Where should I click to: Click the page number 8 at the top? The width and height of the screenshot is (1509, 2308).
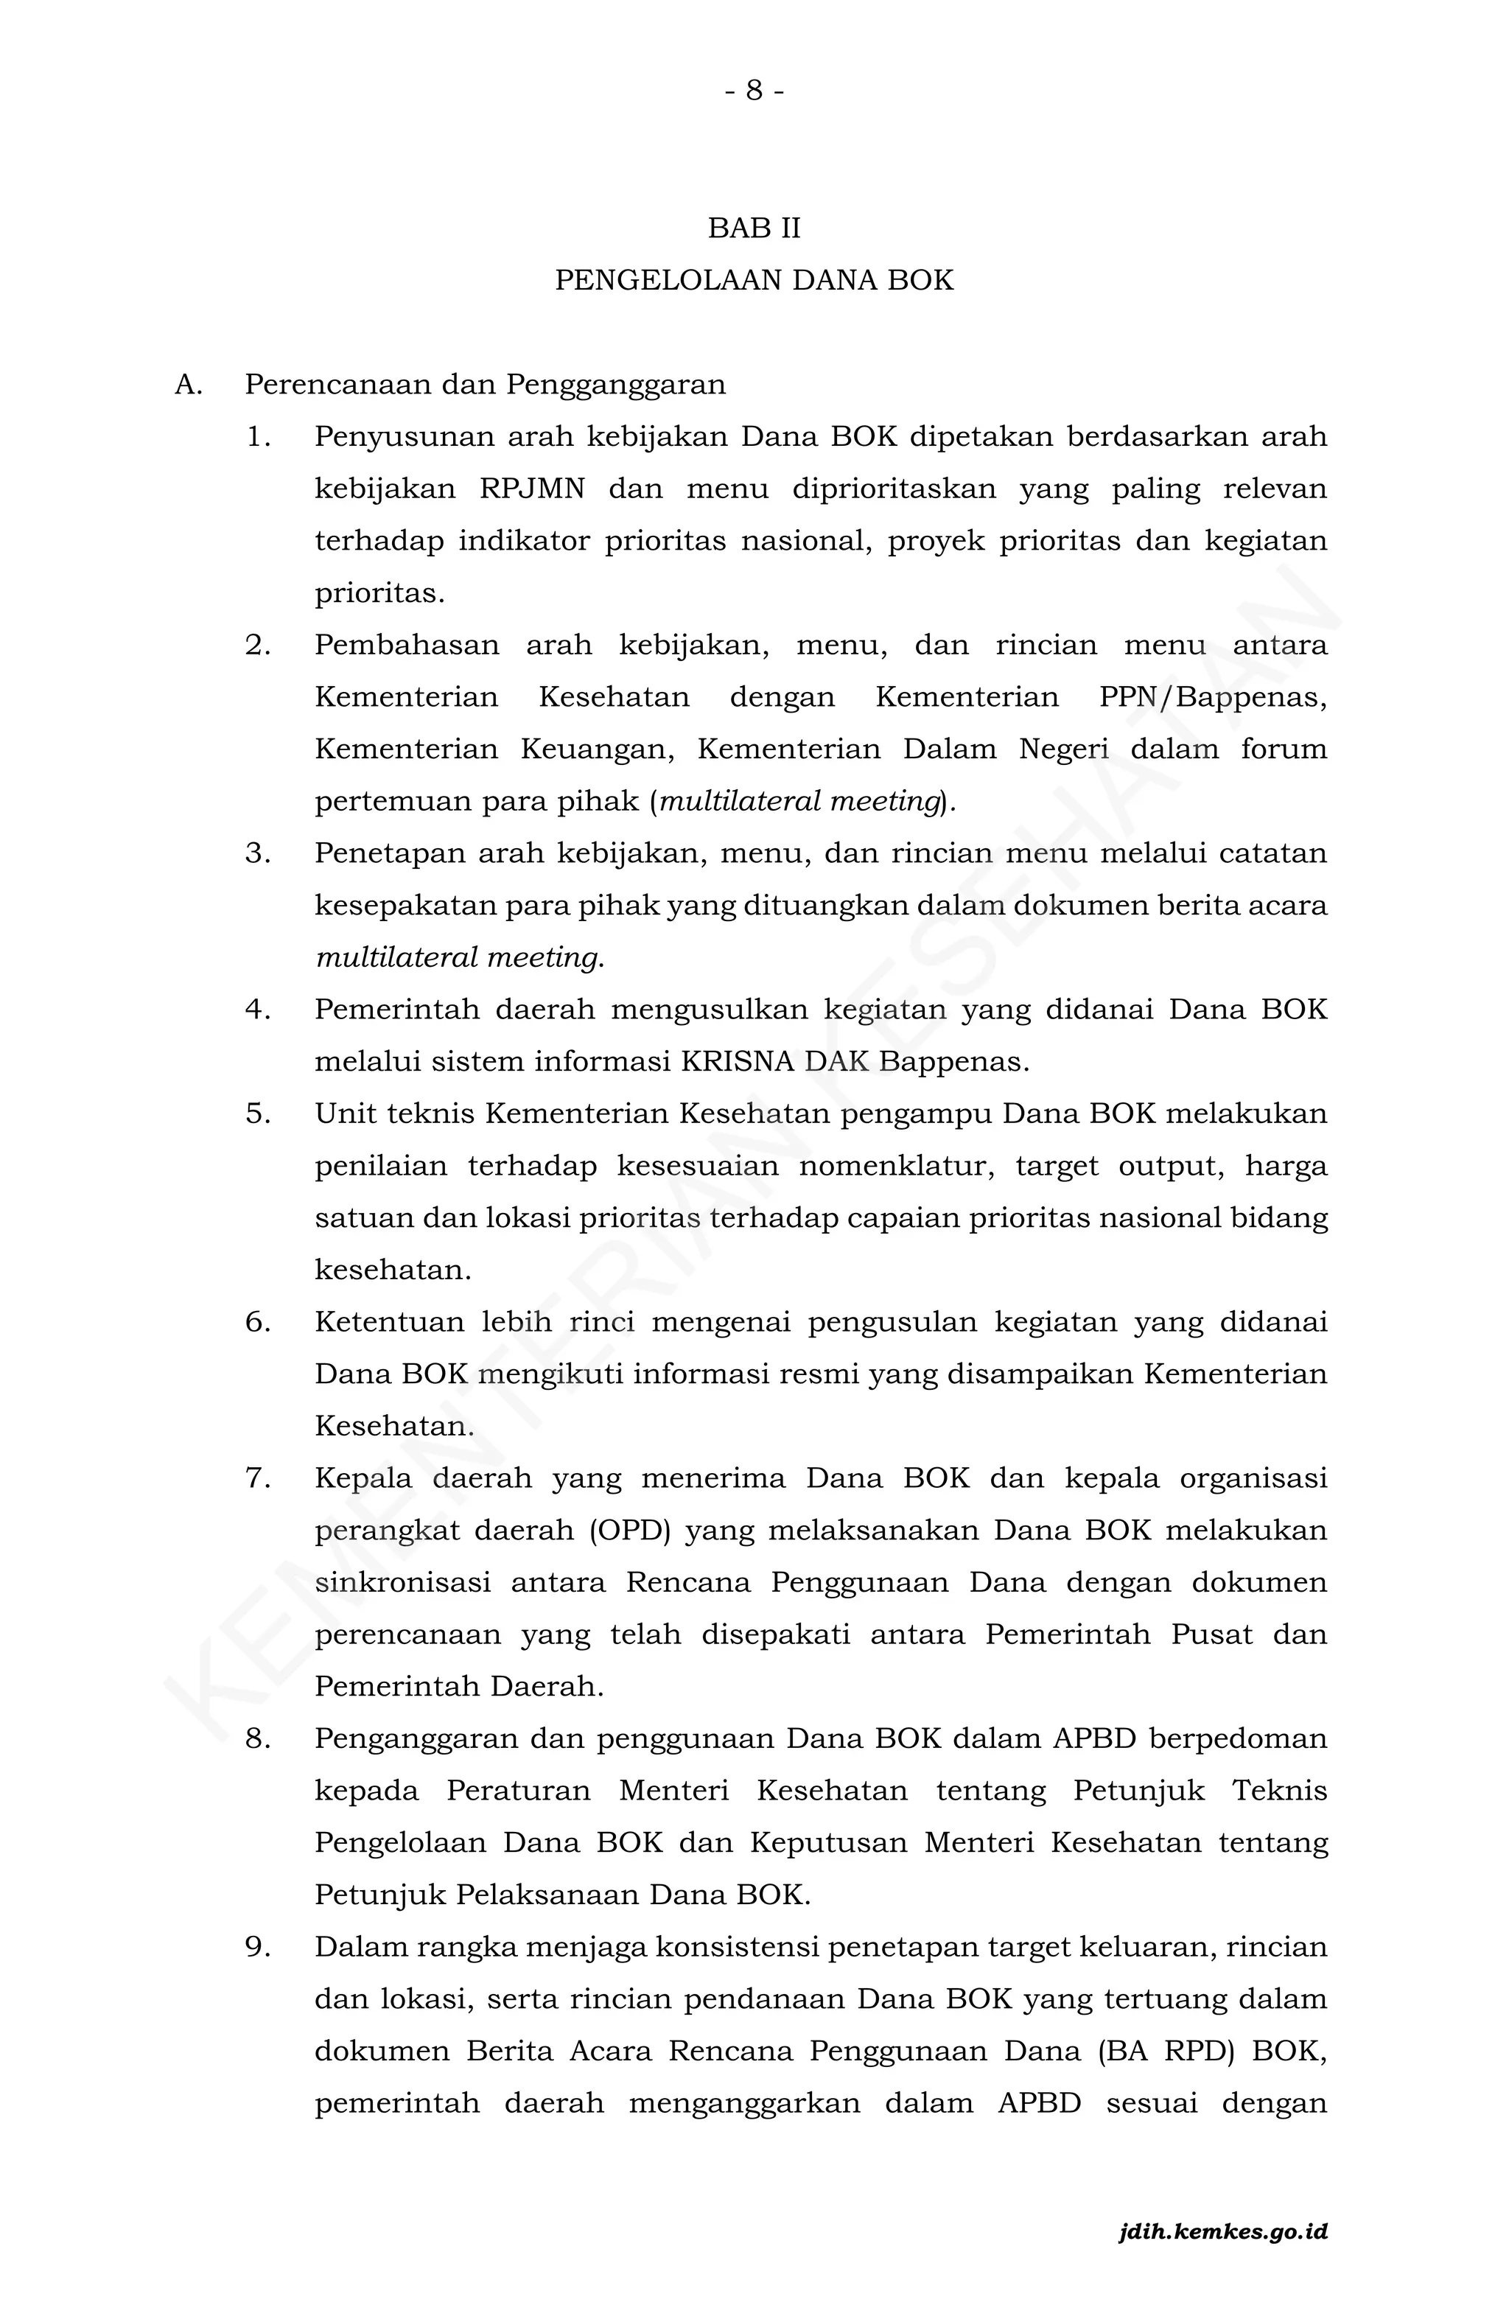[x=754, y=91]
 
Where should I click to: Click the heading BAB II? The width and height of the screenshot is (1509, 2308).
[x=754, y=229]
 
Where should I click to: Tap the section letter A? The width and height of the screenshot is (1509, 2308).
[x=187, y=385]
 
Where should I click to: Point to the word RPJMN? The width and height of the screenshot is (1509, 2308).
[x=533, y=489]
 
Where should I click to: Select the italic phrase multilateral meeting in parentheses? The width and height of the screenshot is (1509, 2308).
[x=801, y=802]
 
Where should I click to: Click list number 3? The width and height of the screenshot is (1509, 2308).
[x=257, y=853]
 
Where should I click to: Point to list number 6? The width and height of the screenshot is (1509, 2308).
[x=257, y=1322]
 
